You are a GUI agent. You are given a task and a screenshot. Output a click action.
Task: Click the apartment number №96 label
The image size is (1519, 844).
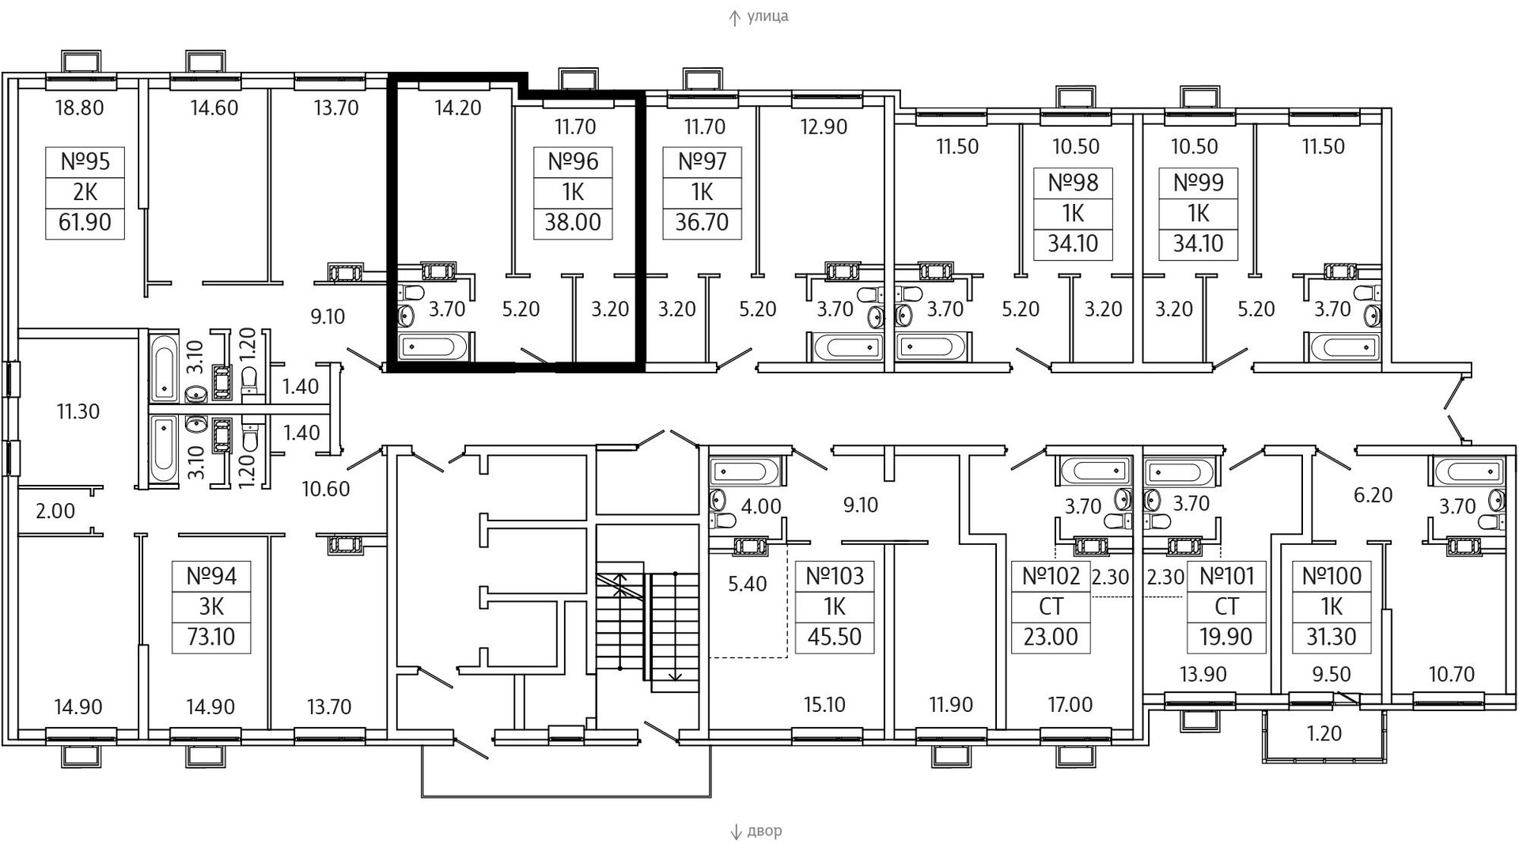[573, 162]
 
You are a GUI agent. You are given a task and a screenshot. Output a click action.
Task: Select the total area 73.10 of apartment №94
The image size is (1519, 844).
[211, 637]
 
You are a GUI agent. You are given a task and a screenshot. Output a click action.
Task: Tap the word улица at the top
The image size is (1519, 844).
[767, 16]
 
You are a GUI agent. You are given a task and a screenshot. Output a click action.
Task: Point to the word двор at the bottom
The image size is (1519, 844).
[764, 831]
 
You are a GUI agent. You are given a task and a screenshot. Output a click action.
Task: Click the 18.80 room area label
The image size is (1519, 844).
[79, 108]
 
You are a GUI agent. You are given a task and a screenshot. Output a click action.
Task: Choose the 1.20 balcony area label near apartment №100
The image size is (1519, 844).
[1324, 733]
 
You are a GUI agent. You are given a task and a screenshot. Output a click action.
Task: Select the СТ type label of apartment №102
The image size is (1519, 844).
[1051, 607]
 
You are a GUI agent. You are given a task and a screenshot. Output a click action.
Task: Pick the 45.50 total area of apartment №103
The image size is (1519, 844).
[835, 637]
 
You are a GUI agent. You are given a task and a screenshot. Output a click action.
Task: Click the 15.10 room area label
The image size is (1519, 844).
[824, 704]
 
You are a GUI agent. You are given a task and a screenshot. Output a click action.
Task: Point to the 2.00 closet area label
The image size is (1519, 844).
[55, 511]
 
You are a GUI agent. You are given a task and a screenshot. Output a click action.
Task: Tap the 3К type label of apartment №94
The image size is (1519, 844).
[211, 607]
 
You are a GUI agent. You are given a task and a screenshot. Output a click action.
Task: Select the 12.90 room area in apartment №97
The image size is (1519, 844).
[824, 127]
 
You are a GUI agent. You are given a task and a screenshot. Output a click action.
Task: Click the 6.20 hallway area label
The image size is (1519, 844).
[1373, 495]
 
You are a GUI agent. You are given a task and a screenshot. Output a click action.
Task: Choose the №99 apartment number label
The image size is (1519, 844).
[1198, 183]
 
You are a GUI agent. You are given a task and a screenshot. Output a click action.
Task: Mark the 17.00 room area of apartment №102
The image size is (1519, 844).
[1070, 704]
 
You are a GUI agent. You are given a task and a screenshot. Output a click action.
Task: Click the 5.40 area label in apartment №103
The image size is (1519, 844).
[747, 584]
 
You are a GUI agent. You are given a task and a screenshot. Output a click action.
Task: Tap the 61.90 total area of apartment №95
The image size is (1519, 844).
[85, 222]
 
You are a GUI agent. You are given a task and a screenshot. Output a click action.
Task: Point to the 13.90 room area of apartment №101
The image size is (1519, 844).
[1203, 674]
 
